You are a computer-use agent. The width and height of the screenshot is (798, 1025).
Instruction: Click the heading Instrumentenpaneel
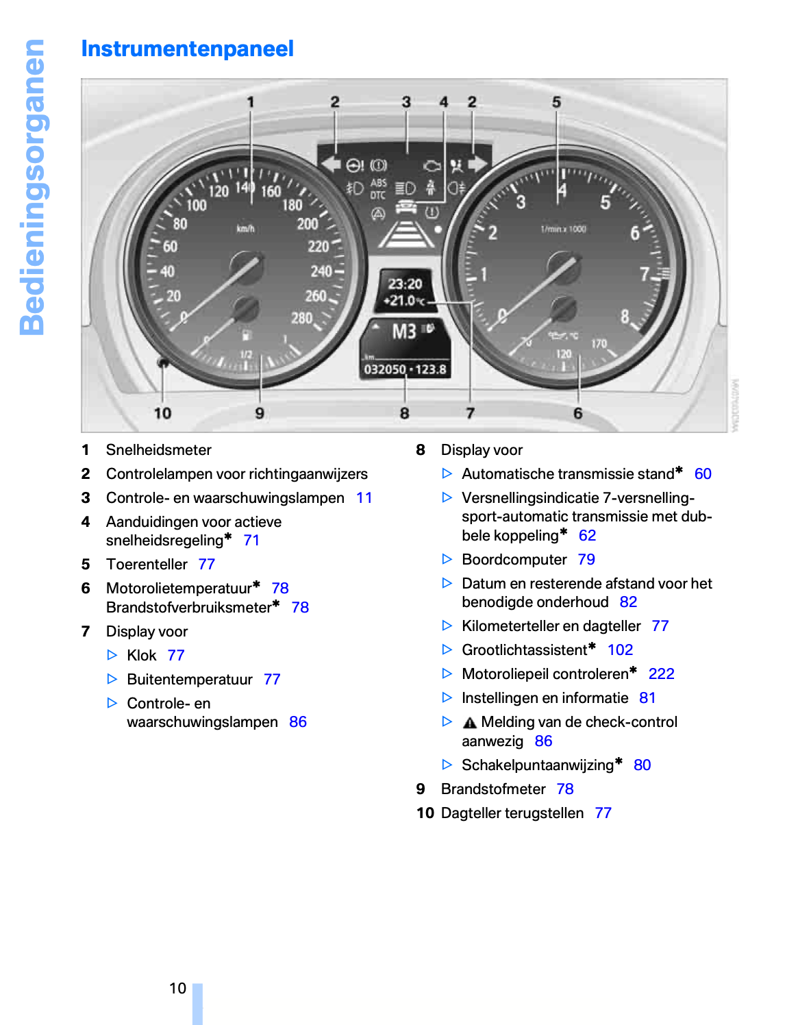(187, 49)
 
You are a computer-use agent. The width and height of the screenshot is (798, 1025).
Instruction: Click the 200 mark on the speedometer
(307, 224)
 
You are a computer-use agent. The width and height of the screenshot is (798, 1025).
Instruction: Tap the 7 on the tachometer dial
(644, 274)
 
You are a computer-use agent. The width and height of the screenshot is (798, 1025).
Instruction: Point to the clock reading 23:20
(405, 284)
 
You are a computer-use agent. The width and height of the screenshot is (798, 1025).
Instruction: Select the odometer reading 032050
(384, 370)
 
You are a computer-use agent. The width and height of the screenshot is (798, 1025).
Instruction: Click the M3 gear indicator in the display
(404, 332)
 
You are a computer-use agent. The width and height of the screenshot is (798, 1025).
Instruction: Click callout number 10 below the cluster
(162, 413)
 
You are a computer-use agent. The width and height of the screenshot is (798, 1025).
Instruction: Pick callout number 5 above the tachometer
(556, 102)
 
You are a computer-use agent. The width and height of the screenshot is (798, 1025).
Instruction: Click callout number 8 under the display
(405, 413)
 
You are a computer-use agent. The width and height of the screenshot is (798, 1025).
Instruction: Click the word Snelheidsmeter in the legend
(158, 450)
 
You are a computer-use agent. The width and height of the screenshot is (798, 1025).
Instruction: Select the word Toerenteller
(147, 565)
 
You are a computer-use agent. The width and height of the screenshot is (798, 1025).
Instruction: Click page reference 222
(661, 674)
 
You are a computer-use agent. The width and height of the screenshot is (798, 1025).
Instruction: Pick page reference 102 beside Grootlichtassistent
(620, 650)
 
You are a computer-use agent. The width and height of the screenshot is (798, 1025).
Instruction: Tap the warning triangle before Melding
(469, 723)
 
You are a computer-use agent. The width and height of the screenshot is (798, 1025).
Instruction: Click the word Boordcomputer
(514, 560)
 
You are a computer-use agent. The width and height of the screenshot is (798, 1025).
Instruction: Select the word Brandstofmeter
(493, 789)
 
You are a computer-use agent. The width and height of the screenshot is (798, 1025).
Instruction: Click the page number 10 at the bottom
(177, 988)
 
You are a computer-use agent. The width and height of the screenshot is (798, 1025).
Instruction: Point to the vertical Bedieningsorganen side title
(32, 187)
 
